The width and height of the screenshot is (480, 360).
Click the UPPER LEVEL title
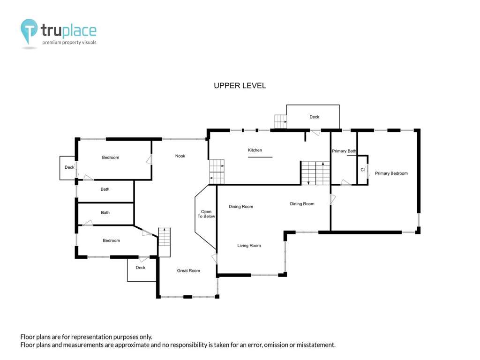240,86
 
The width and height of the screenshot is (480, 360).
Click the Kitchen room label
255,150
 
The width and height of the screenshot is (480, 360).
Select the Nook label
180,156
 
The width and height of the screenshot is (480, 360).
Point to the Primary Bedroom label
391,173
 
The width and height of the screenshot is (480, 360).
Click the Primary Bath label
344,151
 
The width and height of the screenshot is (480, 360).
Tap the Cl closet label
362,170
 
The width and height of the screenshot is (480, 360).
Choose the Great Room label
188,270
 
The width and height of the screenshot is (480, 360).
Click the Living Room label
249,246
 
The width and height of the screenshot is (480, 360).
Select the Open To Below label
206,214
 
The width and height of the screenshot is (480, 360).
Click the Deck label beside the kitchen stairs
314,117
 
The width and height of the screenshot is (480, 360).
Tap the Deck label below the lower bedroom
141,268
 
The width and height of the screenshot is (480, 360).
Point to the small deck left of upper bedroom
67,168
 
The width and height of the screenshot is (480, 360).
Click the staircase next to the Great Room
164,242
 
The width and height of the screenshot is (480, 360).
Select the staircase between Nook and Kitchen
217,172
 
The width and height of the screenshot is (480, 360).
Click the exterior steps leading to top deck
280,121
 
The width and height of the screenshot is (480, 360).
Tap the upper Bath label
105,189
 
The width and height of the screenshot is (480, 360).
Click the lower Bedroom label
111,240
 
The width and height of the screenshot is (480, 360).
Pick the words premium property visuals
69,43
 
